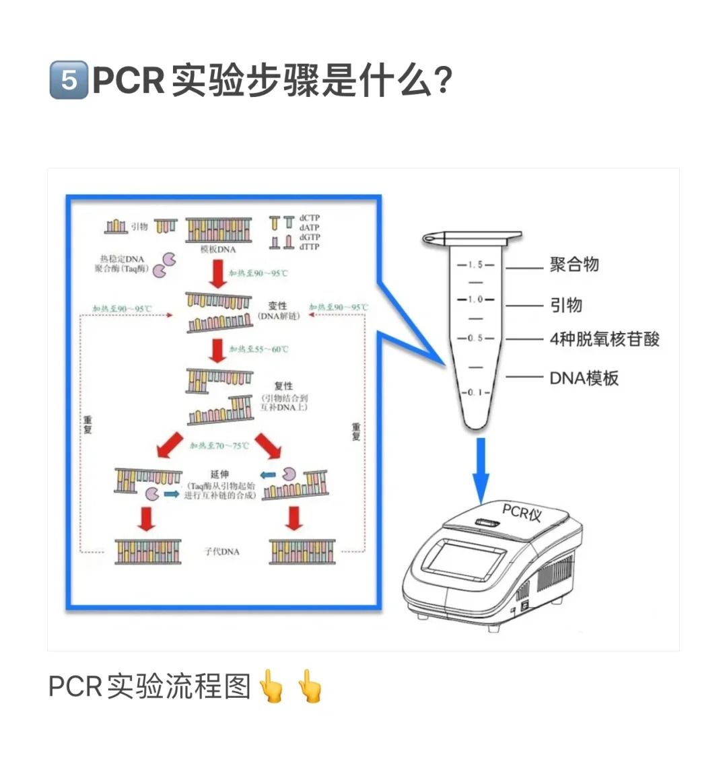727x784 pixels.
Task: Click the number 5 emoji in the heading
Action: pos(69,80)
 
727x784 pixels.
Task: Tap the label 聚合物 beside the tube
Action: pos(574,264)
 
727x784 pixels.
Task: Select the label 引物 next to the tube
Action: pos(566,305)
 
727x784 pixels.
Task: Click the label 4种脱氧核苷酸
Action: pos(604,339)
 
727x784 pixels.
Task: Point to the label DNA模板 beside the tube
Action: pos(584,378)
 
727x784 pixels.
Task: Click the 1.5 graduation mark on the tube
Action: pos(475,265)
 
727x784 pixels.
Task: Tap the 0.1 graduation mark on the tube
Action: pos(475,392)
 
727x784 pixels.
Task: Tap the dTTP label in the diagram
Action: pos(310,247)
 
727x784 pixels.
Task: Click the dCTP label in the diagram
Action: pos(310,218)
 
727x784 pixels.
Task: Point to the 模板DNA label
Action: pos(218,249)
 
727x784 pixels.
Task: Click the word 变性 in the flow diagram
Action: pos(278,306)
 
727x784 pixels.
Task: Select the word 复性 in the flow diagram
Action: pos(283,386)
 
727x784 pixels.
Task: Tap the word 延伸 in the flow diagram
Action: pos(219,474)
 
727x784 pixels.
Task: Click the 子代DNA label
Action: pos(221,551)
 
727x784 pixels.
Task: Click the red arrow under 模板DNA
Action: pos(217,273)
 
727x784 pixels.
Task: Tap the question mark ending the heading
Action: pos(442,80)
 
